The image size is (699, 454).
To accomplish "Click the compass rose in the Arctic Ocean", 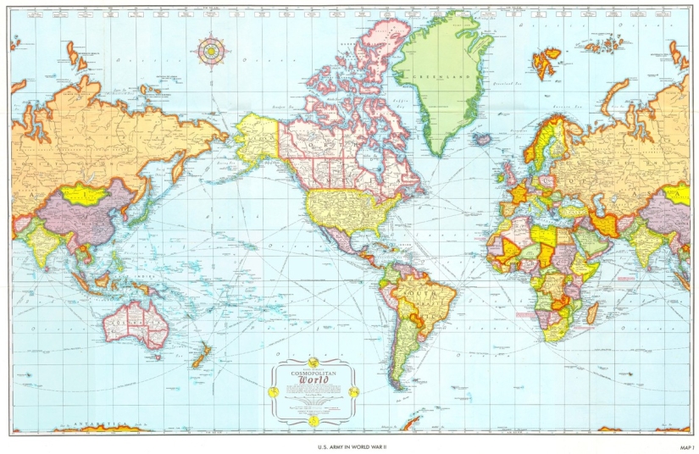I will click(209, 50).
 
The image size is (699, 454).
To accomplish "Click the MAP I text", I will click(685, 446).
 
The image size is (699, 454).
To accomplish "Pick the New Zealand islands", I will click(201, 355).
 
